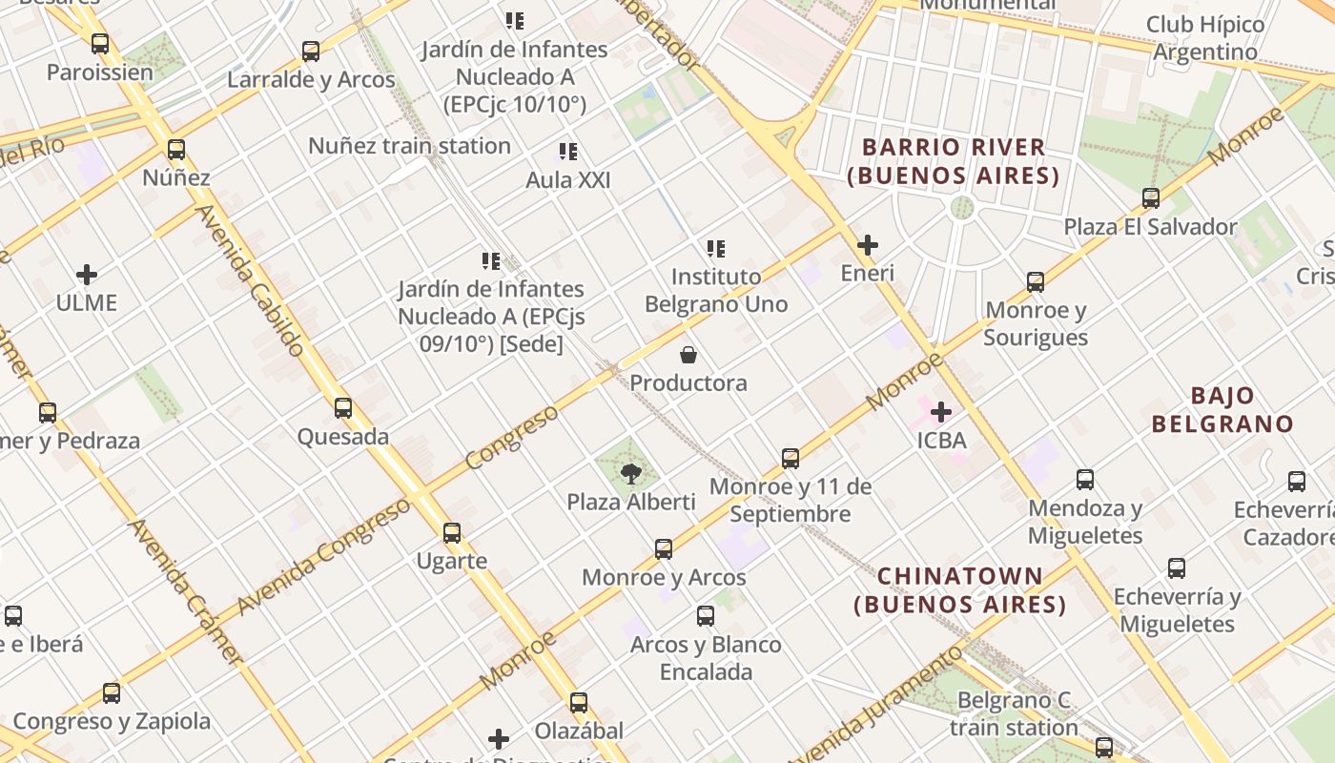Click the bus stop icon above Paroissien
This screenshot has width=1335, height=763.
100,44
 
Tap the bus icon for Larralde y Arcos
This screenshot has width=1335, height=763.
311,52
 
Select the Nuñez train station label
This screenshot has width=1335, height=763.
409,146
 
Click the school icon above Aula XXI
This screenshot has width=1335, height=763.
568,152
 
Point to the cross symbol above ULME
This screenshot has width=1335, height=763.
87,275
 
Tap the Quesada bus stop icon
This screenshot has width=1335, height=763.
343,408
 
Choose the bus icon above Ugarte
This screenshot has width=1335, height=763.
452,532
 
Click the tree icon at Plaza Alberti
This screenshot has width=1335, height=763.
630,473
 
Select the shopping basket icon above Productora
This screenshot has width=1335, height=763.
688,356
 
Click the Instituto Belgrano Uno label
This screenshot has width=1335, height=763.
716,290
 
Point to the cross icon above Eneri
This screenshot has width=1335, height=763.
868,245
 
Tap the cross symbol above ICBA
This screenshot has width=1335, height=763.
941,412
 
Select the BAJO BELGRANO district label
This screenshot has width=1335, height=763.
1222,409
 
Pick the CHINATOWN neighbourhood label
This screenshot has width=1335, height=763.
960,589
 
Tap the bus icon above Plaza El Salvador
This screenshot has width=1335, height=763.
1151,198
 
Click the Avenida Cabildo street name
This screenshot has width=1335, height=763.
250,281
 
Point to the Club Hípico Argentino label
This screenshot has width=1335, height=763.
1205,38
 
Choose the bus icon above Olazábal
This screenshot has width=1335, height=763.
579,703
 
